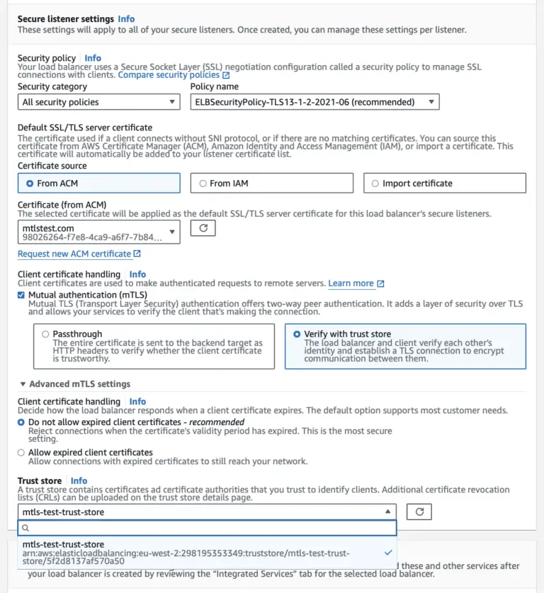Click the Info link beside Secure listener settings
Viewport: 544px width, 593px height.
click(x=126, y=19)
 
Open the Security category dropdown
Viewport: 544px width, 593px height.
click(x=98, y=102)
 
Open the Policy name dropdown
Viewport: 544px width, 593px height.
click(x=314, y=102)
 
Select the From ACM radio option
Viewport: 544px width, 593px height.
click(x=30, y=183)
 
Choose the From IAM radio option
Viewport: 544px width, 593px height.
click(x=203, y=183)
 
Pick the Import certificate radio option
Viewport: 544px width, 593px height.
click(x=375, y=183)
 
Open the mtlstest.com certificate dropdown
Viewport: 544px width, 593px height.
click(x=98, y=232)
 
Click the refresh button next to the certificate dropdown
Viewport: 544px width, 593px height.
click(x=203, y=228)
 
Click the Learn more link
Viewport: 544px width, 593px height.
click(x=351, y=283)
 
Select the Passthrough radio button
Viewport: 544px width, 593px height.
click(x=46, y=334)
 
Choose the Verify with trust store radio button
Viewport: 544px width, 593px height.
click(x=297, y=334)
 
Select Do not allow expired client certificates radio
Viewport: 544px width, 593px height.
click(x=21, y=422)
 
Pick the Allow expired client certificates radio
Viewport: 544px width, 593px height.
click(x=21, y=452)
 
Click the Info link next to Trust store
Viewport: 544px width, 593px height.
click(x=79, y=480)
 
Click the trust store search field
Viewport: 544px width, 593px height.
click(x=207, y=528)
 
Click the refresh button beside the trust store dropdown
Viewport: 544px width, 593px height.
click(x=419, y=512)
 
